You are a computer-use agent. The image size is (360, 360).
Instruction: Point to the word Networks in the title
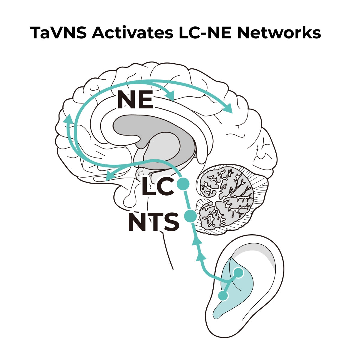click(x=279, y=33)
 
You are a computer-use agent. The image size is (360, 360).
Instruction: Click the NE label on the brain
click(x=135, y=100)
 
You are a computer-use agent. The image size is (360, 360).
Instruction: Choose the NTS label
click(x=153, y=222)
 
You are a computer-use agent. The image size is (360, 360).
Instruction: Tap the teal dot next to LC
click(x=183, y=183)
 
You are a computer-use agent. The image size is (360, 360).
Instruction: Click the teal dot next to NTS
click(x=190, y=216)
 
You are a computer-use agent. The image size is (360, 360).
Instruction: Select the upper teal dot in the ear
click(x=238, y=272)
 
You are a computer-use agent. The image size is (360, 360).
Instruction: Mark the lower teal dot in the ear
click(x=223, y=295)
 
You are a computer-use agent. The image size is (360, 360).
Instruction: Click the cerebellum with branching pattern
click(x=228, y=198)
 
